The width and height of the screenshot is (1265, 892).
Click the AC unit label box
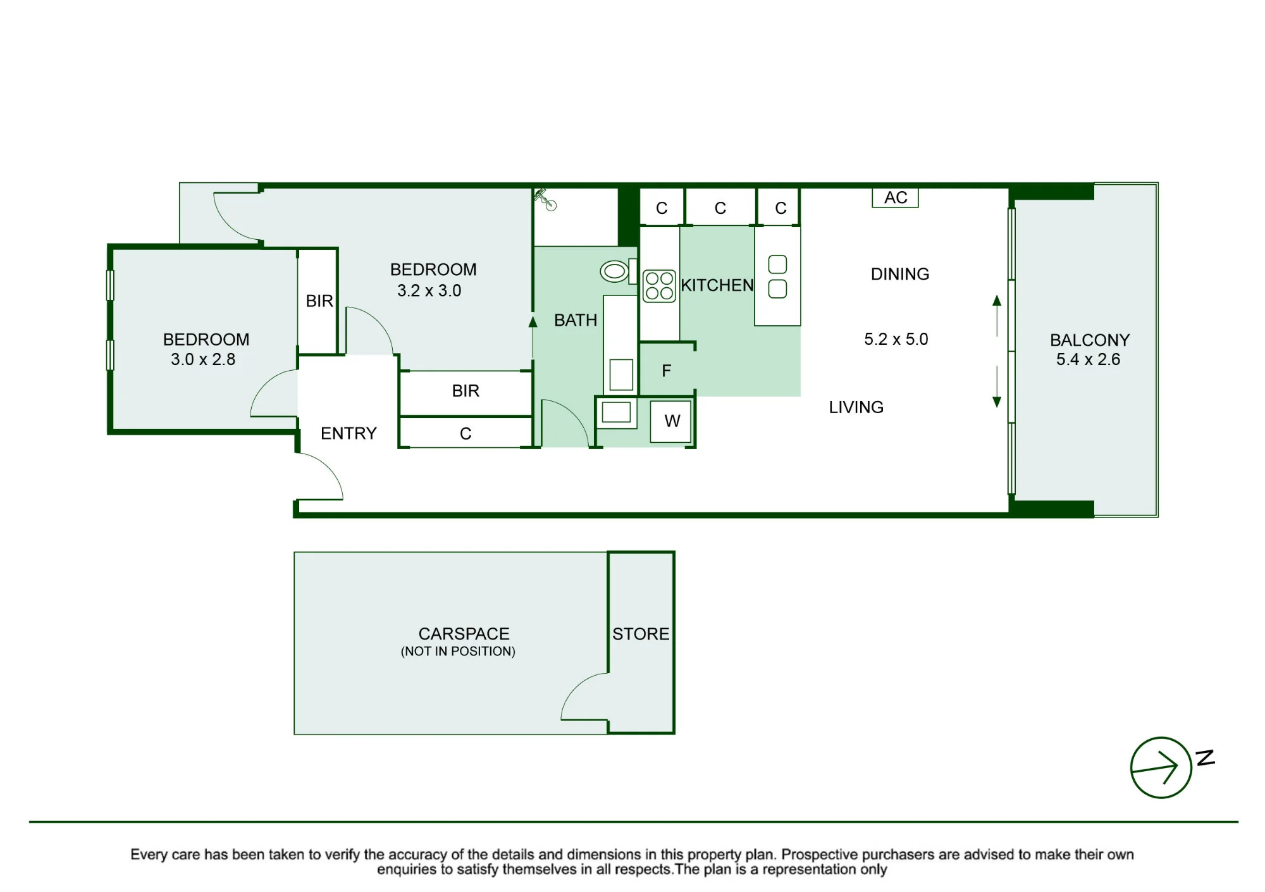pos(895,198)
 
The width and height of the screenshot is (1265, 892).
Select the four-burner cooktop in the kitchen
pos(659,286)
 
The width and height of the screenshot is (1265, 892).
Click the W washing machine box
pos(672,421)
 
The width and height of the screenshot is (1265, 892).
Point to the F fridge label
pos(666,371)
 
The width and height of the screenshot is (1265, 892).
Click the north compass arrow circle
pos(1161,767)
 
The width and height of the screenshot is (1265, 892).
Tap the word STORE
pos(641,634)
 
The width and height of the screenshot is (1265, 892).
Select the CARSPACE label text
pos(464,634)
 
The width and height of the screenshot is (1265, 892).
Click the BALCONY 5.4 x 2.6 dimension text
pos(1088,359)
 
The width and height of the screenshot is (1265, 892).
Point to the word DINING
pos(900,274)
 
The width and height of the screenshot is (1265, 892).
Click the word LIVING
pos(856,407)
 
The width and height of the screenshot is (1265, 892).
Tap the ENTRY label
pos(349,433)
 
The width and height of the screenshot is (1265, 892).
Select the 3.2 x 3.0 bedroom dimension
pos(429,290)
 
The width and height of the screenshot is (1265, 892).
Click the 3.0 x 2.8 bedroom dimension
pos(203,359)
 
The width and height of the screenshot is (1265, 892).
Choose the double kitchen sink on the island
pos(777,276)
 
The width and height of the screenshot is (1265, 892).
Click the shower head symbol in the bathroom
pos(545,199)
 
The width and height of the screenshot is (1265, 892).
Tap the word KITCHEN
pos(717,285)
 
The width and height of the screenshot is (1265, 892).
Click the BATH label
pos(576,320)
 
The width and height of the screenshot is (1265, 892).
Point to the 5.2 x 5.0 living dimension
pos(896,339)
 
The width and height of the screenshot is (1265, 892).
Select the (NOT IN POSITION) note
pos(458,652)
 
